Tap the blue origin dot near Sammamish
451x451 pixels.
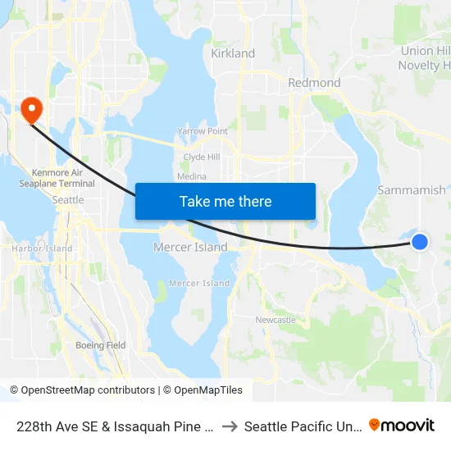point(419,241)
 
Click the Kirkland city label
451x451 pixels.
point(233,53)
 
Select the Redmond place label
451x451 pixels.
point(314,83)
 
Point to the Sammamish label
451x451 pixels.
point(412,190)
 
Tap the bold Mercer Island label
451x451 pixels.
point(190,247)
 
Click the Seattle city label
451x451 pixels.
point(67,200)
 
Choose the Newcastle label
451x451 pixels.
point(276,320)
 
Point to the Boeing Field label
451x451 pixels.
point(101,345)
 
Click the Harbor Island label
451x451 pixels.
point(42,248)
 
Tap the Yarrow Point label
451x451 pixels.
point(203,131)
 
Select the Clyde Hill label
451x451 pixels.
point(201,157)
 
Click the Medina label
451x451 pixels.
point(191,176)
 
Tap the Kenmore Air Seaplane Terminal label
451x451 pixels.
point(62,178)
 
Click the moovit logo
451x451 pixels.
point(402,426)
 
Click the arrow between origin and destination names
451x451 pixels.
point(230,426)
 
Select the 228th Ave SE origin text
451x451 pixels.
point(114,426)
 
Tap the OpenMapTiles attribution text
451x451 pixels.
point(203,390)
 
